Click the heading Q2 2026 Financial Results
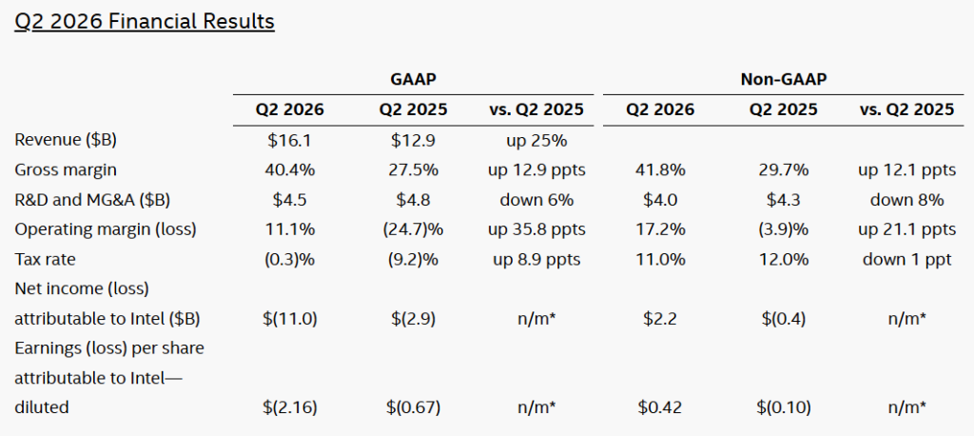[x=145, y=22]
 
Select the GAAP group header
[x=414, y=80]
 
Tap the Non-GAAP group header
[x=784, y=80]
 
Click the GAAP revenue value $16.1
[x=290, y=140]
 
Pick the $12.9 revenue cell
[x=413, y=140]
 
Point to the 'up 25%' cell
[x=536, y=140]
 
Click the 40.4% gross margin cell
[x=290, y=169]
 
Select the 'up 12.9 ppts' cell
[x=536, y=169]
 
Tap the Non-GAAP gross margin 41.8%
[x=660, y=169]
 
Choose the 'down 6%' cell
[x=536, y=200]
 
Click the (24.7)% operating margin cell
[x=413, y=229]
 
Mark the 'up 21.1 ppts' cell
[x=907, y=229]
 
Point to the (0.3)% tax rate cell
[x=290, y=259]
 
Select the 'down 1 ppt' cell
[x=907, y=259]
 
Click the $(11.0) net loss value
[x=290, y=319]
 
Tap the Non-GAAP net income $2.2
[x=660, y=319]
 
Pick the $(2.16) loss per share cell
[x=290, y=407]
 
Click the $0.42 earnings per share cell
[x=660, y=407]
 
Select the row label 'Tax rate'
[x=45, y=259]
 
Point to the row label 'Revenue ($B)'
[x=66, y=140]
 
